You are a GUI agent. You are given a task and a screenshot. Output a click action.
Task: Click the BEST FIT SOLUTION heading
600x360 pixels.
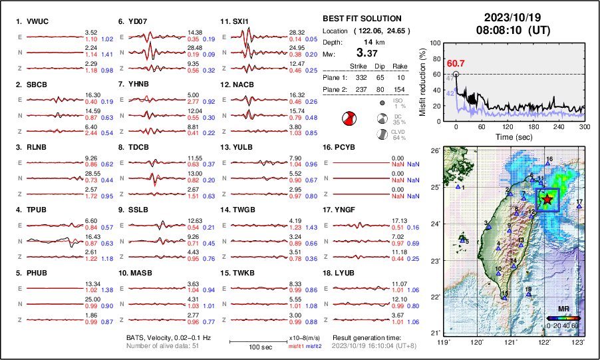point(362,18)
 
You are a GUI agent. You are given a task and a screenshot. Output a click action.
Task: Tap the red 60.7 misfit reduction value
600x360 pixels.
point(456,63)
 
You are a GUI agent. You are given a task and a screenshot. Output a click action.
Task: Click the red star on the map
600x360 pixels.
point(547,199)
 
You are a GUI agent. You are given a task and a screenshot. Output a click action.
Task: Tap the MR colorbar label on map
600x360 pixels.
point(563,309)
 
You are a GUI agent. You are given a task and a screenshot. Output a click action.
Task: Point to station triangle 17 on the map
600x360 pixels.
point(579,206)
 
